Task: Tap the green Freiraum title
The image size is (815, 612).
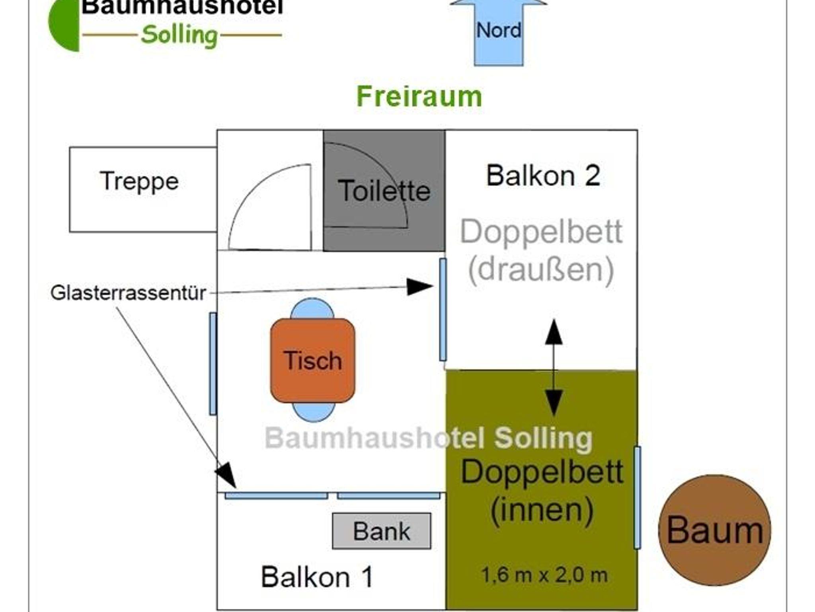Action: [x=419, y=97]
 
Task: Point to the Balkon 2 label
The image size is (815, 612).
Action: [x=543, y=175]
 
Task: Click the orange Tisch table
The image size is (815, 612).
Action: [x=312, y=361]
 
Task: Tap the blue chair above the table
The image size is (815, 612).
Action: [x=312, y=308]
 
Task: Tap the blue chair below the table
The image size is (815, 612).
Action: [x=313, y=412]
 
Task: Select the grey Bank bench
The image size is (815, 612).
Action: [x=381, y=531]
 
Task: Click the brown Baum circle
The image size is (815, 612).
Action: [x=714, y=530]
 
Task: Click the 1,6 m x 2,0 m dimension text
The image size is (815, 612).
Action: [x=544, y=575]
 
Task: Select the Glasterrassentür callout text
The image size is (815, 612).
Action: [x=128, y=293]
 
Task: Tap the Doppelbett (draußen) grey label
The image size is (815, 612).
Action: [x=541, y=251]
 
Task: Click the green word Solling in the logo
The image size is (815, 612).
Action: [x=179, y=35]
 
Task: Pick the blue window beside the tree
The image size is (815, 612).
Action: [x=637, y=497]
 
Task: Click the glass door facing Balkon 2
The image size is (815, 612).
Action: [x=443, y=309]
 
